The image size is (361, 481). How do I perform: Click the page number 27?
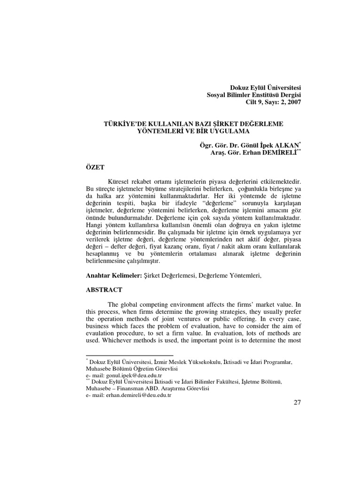(x=297, y=406)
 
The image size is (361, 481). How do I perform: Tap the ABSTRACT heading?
(x=104, y=290)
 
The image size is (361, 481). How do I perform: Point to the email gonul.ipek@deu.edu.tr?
(x=130, y=376)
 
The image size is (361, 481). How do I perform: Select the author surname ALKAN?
(x=285, y=146)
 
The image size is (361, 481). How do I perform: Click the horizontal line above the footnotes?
(x=130, y=356)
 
